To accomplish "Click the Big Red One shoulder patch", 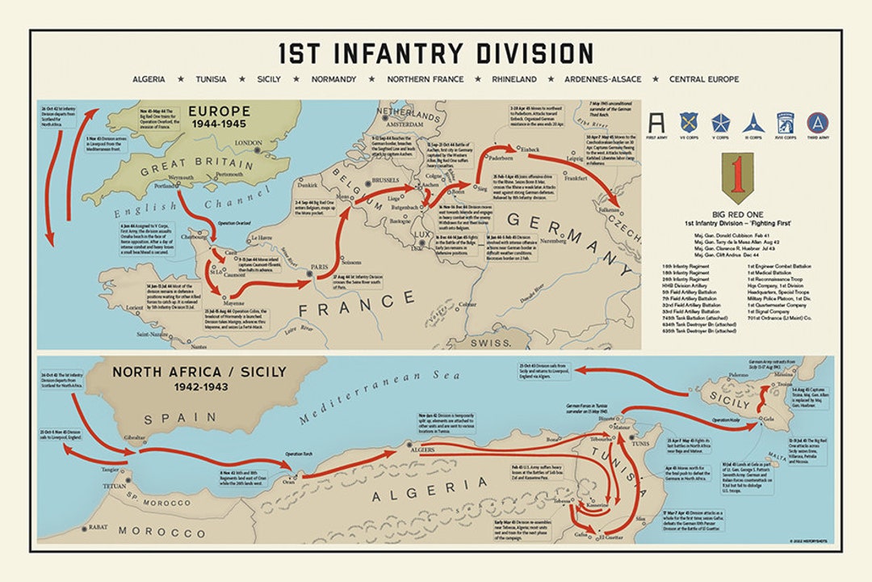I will click(736, 177).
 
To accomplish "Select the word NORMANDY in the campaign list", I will click(334, 79).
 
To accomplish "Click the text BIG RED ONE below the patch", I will click(736, 217).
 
